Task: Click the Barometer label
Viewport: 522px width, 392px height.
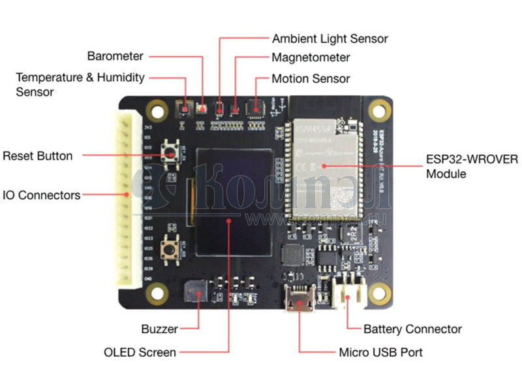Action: pyautogui.click(x=115, y=56)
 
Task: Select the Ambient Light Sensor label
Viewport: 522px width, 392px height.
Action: pyautogui.click(x=330, y=39)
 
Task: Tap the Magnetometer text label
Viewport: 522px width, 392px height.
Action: pyautogui.click(x=311, y=58)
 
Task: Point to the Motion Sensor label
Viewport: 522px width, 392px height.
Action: pyautogui.click(x=311, y=79)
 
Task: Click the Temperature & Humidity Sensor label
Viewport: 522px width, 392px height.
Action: pyautogui.click(x=80, y=84)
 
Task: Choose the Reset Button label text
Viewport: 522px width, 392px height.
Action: pyautogui.click(x=37, y=156)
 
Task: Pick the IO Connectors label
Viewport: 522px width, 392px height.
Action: pyautogui.click(x=41, y=195)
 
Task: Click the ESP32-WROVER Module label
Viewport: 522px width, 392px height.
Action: pyautogui.click(x=464, y=166)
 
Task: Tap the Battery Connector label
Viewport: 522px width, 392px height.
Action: pyautogui.click(x=412, y=329)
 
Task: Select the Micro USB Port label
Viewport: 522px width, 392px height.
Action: pyautogui.click(x=380, y=353)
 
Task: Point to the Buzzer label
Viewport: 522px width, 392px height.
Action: pyautogui.click(x=159, y=329)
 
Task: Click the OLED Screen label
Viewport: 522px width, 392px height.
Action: pyautogui.click(x=140, y=353)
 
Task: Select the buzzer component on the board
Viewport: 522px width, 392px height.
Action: pyautogui.click(x=194, y=291)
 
